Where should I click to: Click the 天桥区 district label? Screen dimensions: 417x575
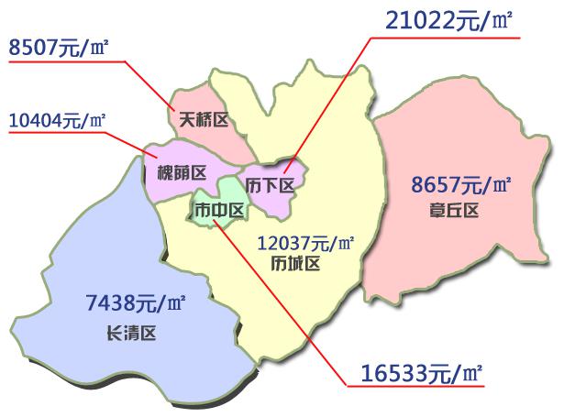click(x=203, y=119)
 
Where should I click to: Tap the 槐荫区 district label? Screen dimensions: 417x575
click(x=182, y=171)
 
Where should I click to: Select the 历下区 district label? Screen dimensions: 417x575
click(x=273, y=184)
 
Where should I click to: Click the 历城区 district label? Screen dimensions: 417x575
click(x=295, y=264)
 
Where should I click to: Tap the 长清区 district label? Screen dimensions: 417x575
click(x=132, y=334)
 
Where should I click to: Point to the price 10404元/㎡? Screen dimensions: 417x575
click(x=57, y=119)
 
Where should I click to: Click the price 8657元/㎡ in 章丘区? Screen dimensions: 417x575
click(x=461, y=186)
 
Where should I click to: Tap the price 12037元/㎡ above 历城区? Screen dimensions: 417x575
click(x=305, y=244)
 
